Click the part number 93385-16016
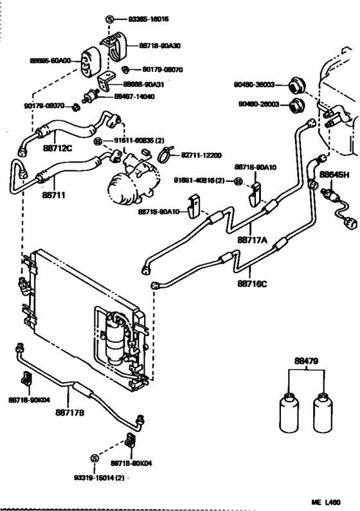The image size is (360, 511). [142, 19]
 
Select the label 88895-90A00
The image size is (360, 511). [53, 60]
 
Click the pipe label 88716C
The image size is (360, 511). [253, 281]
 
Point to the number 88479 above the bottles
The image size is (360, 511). [307, 363]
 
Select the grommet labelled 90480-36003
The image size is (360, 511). [296, 84]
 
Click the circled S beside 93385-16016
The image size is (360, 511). [109, 19]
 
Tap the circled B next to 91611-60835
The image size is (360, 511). [98, 140]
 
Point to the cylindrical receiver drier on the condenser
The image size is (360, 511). [117, 334]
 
